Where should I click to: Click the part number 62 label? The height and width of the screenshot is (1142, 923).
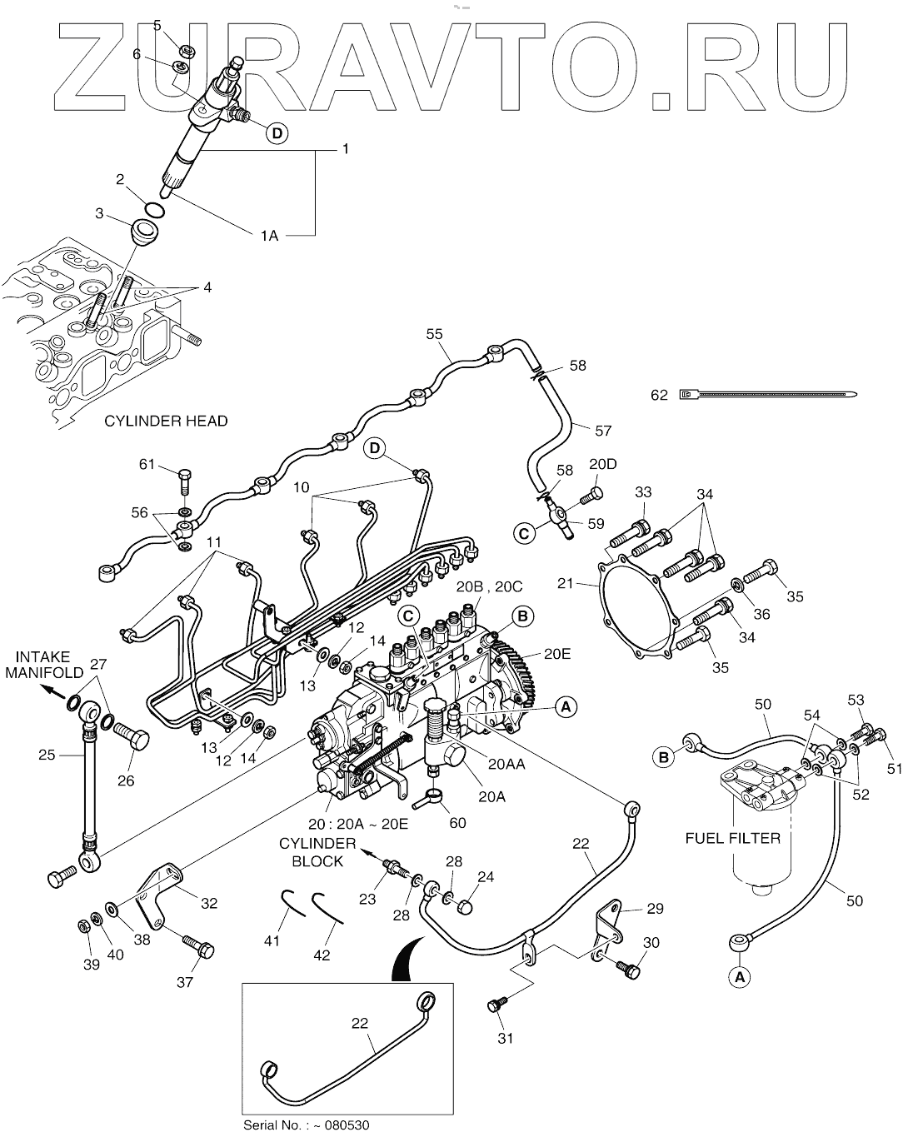tap(659, 395)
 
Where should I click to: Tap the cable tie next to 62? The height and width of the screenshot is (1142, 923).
tap(767, 395)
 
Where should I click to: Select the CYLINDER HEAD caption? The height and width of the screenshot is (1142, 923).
tap(166, 421)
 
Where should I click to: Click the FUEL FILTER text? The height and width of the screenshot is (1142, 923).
tap(733, 838)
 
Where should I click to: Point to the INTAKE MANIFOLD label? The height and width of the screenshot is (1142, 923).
tap(45, 664)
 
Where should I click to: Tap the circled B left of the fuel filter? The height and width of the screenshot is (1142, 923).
tap(664, 757)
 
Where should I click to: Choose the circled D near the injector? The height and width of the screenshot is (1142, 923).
tap(277, 132)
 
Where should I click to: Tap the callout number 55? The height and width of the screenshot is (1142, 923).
tap(434, 334)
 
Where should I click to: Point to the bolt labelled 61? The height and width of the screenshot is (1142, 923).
tap(184, 482)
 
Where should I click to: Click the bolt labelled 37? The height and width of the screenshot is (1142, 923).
tap(197, 947)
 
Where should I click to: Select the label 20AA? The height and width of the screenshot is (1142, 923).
tap(506, 765)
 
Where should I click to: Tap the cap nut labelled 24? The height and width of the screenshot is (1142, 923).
tap(466, 908)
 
